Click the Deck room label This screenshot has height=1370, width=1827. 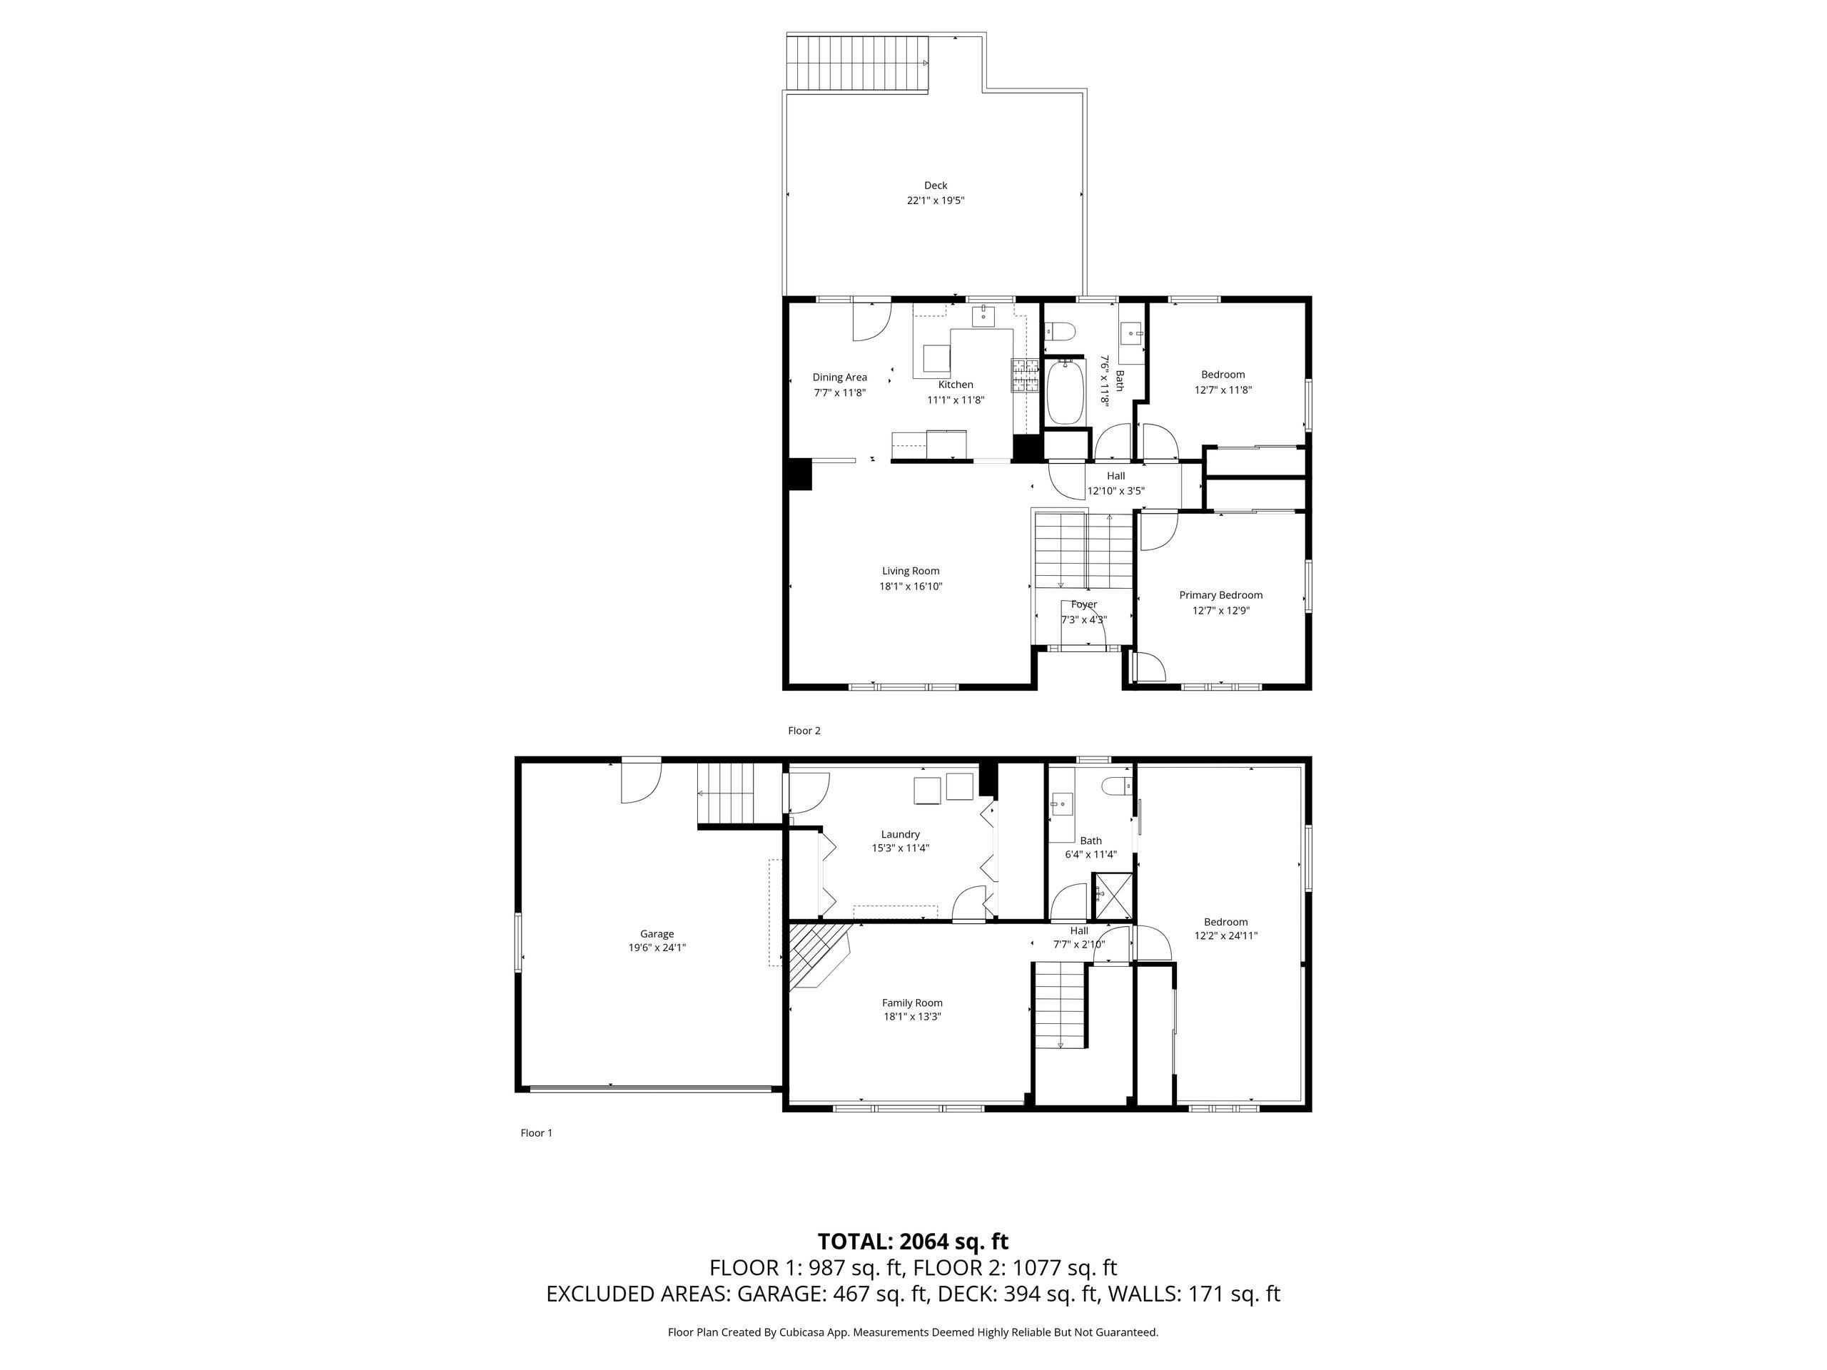pyautogui.click(x=935, y=186)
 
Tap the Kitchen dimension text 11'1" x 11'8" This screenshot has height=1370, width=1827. pyautogui.click(x=956, y=400)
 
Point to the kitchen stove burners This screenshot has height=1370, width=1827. pyautogui.click(x=1024, y=376)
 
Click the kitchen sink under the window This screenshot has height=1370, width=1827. pyautogui.click(x=983, y=315)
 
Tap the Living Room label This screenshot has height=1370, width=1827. pyautogui.click(x=910, y=571)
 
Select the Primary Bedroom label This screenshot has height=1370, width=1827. pyautogui.click(x=1221, y=594)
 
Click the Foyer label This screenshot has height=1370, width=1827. pyautogui.click(x=1083, y=604)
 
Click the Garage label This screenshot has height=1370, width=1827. pyautogui.click(x=657, y=934)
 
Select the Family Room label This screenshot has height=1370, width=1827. pyautogui.click(x=912, y=1003)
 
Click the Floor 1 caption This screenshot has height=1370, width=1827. pyautogui.click(x=536, y=1133)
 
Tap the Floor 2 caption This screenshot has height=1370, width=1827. pyautogui.click(x=804, y=730)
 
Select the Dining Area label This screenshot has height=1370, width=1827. pyautogui.click(x=839, y=377)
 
